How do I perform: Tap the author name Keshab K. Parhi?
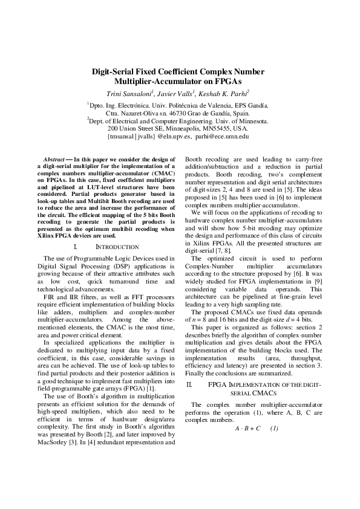(x=224, y=94)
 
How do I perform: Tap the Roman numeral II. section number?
(x=189, y=384)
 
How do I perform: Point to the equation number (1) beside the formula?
(x=274, y=429)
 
